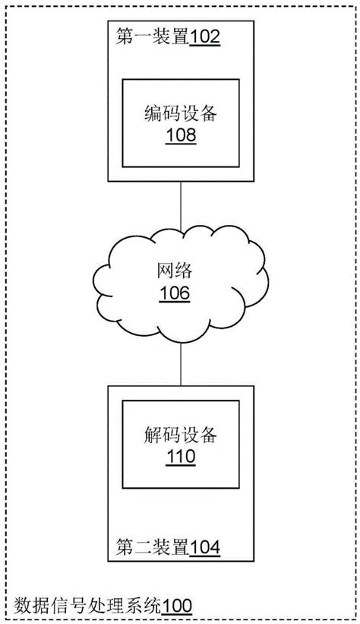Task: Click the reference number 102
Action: pos(205,37)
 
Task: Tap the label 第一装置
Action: pos(153,37)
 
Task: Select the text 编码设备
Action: pos(181,113)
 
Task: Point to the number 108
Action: pos(181,135)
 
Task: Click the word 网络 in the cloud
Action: pos(175,271)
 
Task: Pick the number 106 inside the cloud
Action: pos(175,293)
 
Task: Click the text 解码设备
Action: pos(181,435)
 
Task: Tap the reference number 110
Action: pos(181,457)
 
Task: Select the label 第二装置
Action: pos(153,547)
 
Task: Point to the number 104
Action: pos(205,548)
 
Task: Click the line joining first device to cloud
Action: pos(181,206)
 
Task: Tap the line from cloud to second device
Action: pos(181,364)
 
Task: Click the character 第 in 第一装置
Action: pos(125,37)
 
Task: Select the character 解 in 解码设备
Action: pos(153,435)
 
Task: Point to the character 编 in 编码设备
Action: pos(153,113)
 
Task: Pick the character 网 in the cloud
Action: pos(166,271)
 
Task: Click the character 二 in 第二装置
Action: pos(144,547)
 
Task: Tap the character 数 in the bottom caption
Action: pos(24,607)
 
